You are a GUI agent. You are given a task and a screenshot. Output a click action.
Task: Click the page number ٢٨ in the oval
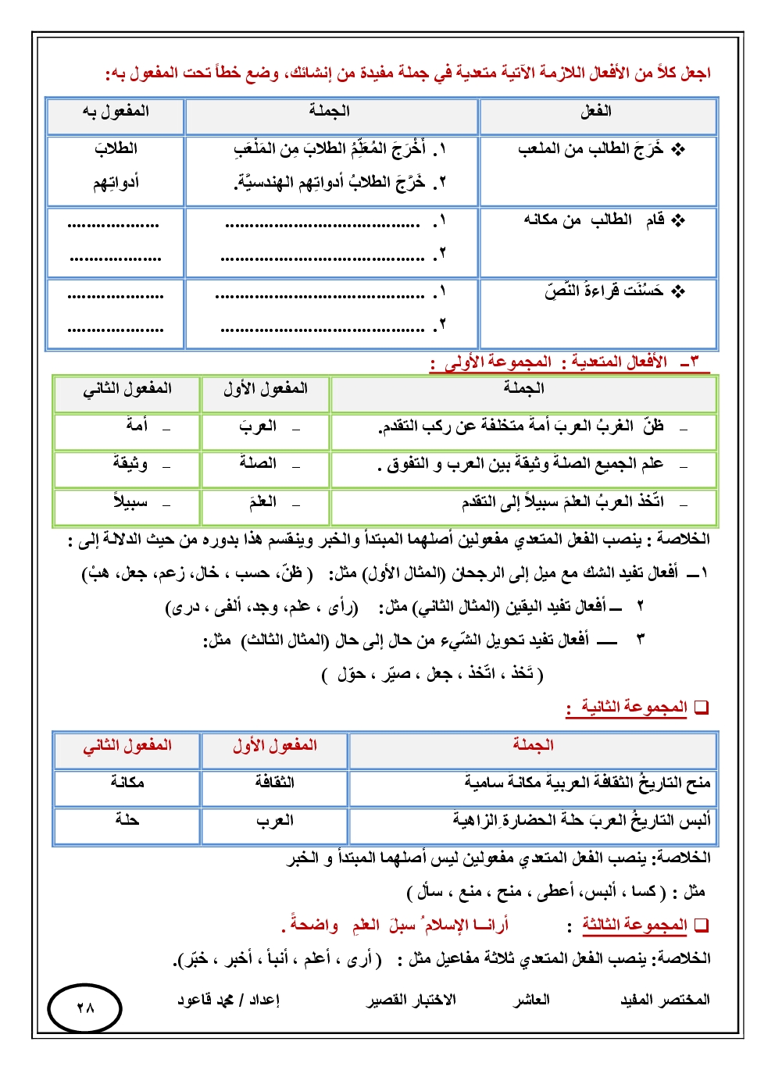tap(85, 1008)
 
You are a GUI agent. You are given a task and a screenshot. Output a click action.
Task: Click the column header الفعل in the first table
tap(596, 112)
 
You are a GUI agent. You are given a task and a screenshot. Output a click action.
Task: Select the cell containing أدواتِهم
tap(116, 183)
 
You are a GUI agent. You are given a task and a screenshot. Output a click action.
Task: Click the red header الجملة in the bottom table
tap(533, 745)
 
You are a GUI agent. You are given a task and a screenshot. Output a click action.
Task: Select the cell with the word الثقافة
tap(275, 783)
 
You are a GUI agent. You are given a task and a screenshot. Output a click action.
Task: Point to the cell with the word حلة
tap(127, 820)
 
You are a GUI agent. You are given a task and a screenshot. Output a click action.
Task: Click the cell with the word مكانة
tap(127, 783)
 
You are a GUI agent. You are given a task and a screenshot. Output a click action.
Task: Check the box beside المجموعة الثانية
tap(702, 708)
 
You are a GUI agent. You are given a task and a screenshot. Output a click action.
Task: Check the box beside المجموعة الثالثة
tap(702, 926)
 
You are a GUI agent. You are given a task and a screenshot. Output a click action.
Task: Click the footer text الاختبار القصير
tap(412, 1000)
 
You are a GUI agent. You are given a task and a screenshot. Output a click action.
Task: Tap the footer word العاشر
tap(531, 1000)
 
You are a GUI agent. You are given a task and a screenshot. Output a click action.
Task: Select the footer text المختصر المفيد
tap(665, 1000)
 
